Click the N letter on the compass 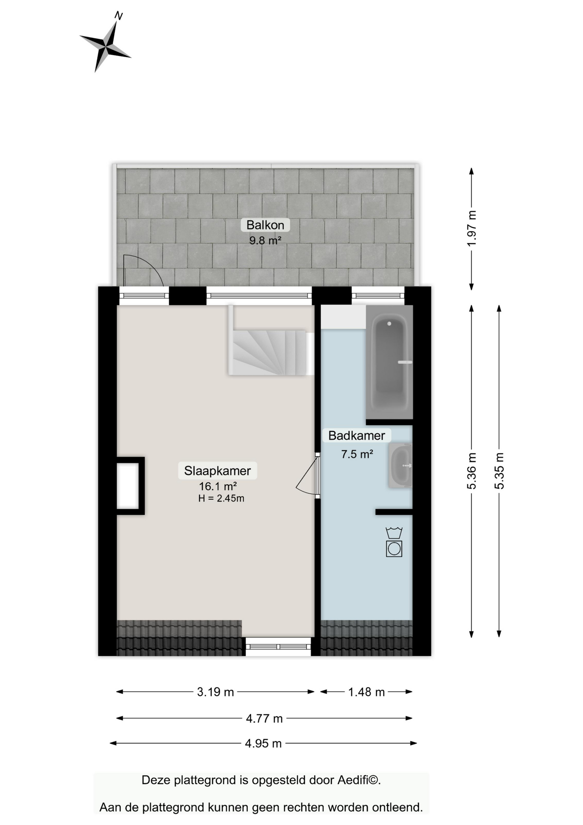tap(118, 16)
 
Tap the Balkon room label tap(265, 225)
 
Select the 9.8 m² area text tap(265, 240)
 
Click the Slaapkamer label tap(217, 471)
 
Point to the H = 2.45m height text tap(221, 498)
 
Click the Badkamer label tap(356, 435)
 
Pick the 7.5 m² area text tap(357, 454)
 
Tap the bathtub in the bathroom tap(389, 362)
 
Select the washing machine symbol tap(394, 542)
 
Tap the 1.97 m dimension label tap(471, 228)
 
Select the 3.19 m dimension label tap(215, 692)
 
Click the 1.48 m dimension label tap(366, 692)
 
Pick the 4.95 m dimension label tap(263, 743)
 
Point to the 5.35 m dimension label tap(499, 471)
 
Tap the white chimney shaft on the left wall tap(128, 486)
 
